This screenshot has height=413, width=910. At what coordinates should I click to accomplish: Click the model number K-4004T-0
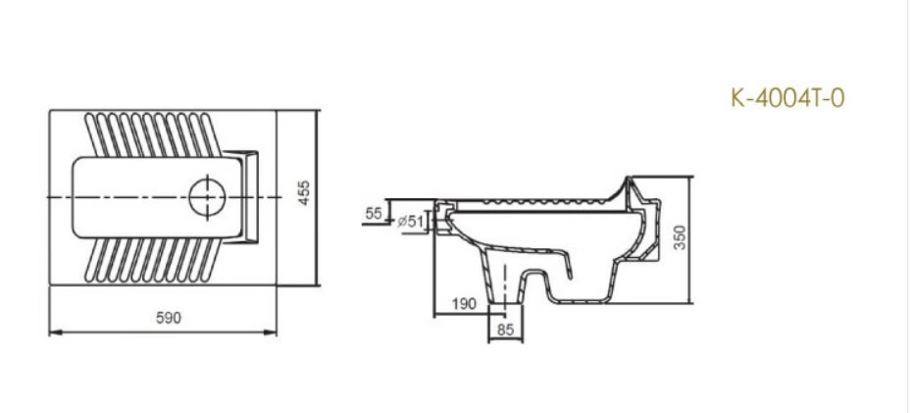tap(787, 98)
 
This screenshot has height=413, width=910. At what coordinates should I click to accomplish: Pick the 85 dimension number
tap(505, 330)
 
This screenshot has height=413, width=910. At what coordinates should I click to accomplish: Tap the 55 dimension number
tap(373, 212)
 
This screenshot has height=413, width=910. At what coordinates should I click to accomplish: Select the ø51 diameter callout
tap(411, 222)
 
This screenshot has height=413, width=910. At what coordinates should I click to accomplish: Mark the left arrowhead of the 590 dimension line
tap(53, 333)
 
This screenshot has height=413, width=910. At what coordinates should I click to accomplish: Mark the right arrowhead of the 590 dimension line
tap(274, 333)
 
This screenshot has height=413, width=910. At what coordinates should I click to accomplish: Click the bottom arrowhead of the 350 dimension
tap(694, 301)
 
